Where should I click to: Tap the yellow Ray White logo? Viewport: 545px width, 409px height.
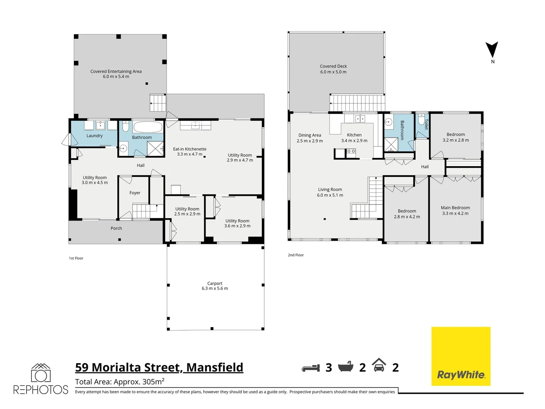click(x=461, y=356)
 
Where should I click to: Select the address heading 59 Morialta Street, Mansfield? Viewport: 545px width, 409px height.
click(x=159, y=367)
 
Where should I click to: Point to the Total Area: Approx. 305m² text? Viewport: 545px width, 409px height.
click(x=120, y=382)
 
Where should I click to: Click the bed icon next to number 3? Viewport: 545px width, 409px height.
click(x=311, y=368)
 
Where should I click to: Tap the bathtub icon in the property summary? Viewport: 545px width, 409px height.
click(x=346, y=367)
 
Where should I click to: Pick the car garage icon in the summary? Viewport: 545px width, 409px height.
click(x=379, y=365)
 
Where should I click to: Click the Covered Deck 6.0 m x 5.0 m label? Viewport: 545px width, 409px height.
click(x=333, y=69)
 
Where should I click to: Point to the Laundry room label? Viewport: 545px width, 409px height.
click(x=94, y=136)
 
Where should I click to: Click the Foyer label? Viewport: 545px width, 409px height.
click(x=135, y=193)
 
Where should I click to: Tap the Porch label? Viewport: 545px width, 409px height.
click(x=116, y=228)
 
